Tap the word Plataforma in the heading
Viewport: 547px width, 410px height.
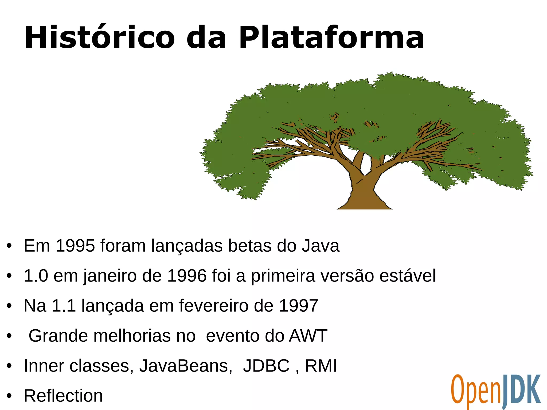coord(331,37)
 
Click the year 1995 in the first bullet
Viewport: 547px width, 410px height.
coord(75,246)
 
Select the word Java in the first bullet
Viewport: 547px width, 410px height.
coord(321,246)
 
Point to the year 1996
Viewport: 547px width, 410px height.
coord(187,276)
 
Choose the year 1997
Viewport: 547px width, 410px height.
coord(298,306)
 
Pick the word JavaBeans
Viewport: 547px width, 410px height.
coord(186,366)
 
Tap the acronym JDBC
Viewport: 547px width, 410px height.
coord(266,366)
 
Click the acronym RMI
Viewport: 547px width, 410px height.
coord(321,366)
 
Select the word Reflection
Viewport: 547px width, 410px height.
coord(63,396)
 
